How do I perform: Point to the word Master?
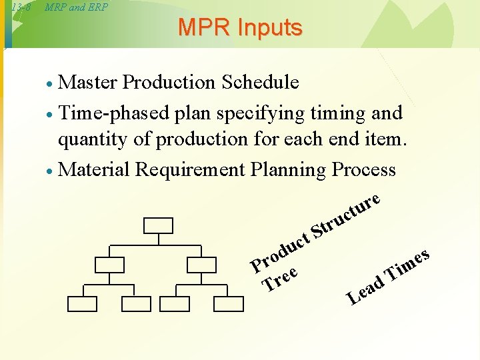click(x=88, y=82)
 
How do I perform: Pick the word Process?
click(x=363, y=170)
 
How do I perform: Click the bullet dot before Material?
click(x=49, y=171)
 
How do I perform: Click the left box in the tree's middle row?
click(x=109, y=265)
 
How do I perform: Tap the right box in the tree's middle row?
click(x=201, y=265)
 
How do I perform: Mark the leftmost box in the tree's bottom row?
click(x=81, y=304)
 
